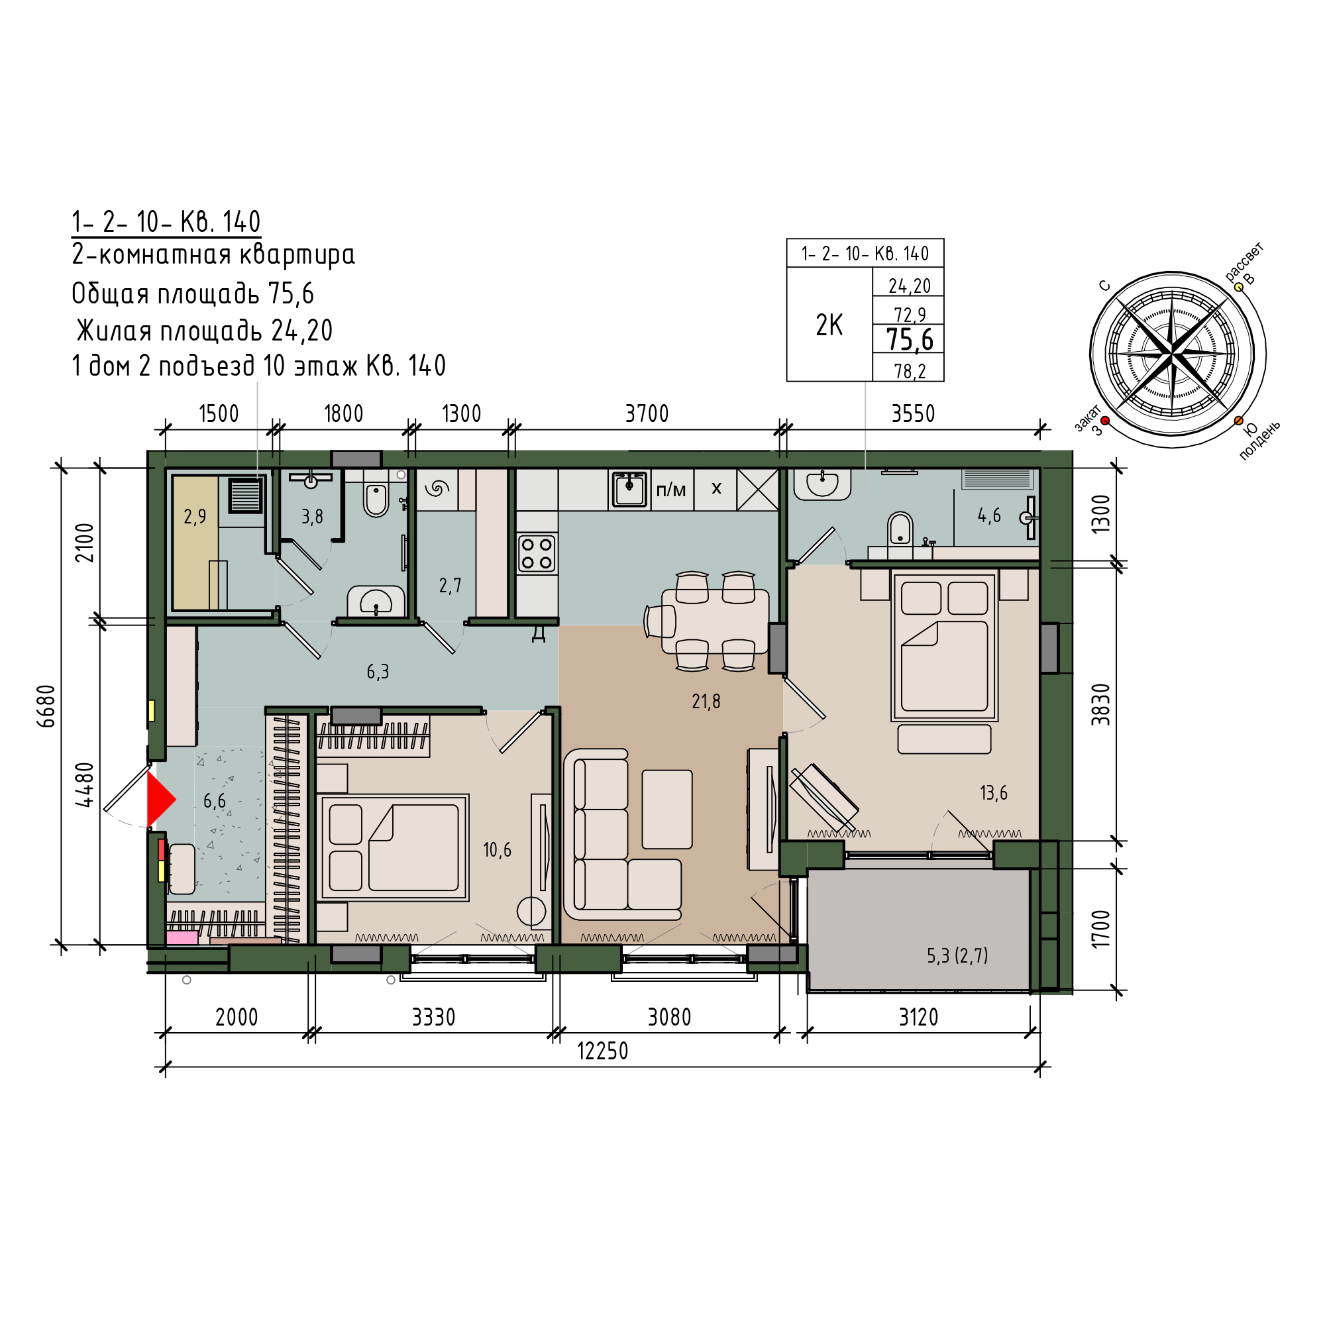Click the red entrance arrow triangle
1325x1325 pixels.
pyautogui.click(x=160, y=800)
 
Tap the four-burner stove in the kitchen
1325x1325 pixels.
pyautogui.click(x=537, y=554)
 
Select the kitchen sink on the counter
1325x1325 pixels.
pyautogui.click(x=629, y=489)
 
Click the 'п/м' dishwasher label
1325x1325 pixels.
pyautogui.click(x=670, y=490)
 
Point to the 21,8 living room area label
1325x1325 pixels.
pyautogui.click(x=706, y=701)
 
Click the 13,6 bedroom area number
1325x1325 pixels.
pyautogui.click(x=993, y=793)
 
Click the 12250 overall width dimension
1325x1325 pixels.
pyautogui.click(x=602, y=1051)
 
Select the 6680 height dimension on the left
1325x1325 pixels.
pyautogui.click(x=46, y=706)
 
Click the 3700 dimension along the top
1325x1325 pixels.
pyautogui.click(x=646, y=413)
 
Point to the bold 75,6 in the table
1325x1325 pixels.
pyautogui.click(x=910, y=339)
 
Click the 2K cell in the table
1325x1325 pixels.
pyautogui.click(x=829, y=325)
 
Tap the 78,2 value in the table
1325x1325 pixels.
pyautogui.click(x=910, y=371)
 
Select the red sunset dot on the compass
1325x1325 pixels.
pyautogui.click(x=1104, y=421)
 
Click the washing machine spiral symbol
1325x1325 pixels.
pyautogui.click(x=436, y=488)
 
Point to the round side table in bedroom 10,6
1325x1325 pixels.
pyautogui.click(x=531, y=912)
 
